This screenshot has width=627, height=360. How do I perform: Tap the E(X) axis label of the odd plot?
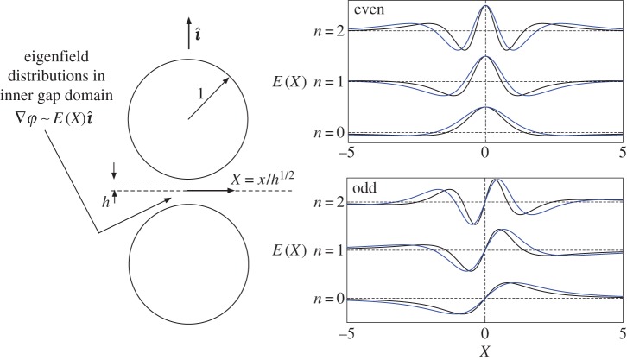click(x=286, y=250)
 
